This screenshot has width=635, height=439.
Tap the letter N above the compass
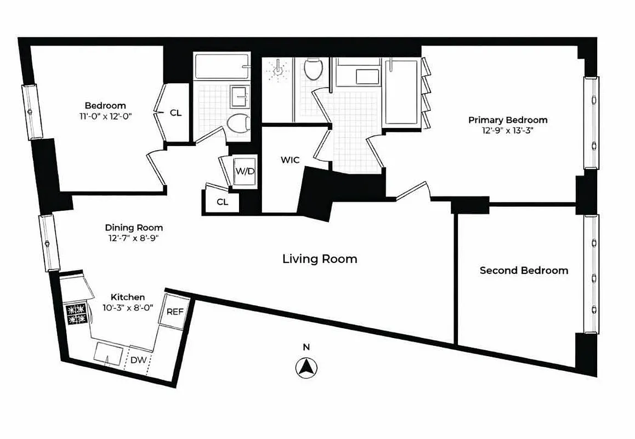click(307, 347)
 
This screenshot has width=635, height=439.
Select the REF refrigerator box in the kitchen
click(175, 312)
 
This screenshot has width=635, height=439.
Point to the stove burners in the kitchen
click(76, 314)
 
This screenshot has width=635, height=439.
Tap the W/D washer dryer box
click(245, 171)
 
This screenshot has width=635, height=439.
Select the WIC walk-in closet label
click(290, 160)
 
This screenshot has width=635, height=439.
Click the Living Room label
click(319, 258)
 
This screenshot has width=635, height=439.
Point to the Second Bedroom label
click(524, 271)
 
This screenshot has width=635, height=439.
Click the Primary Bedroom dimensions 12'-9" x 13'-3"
click(507, 131)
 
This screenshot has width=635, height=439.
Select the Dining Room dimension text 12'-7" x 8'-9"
click(134, 238)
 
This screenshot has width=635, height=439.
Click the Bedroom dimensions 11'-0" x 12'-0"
click(105, 116)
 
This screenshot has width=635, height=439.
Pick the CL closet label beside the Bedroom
click(175, 113)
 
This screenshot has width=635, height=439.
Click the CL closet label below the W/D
click(222, 202)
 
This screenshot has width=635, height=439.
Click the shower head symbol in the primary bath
click(279, 70)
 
